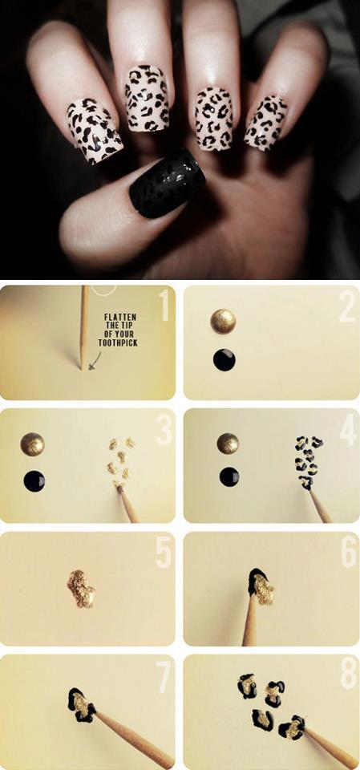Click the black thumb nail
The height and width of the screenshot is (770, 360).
tap(167, 183)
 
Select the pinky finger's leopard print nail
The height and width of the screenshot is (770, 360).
tap(265, 122)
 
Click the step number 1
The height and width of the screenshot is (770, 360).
tap(164, 306)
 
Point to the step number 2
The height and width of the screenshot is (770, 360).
tap(346, 307)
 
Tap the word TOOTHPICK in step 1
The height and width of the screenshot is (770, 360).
tap(118, 343)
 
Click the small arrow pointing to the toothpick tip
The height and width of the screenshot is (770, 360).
tap(95, 360)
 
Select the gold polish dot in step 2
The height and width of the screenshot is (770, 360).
tap(223, 321)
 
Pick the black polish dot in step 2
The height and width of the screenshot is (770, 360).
tap(224, 360)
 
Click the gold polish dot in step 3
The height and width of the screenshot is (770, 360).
tap(32, 444)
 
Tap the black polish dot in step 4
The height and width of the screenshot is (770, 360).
tap(229, 476)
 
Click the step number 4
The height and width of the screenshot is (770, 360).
tap(348, 431)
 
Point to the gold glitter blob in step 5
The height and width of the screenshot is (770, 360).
tap(81, 588)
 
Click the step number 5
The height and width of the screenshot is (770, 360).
tap(164, 553)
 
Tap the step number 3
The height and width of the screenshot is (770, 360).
tap(164, 431)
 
